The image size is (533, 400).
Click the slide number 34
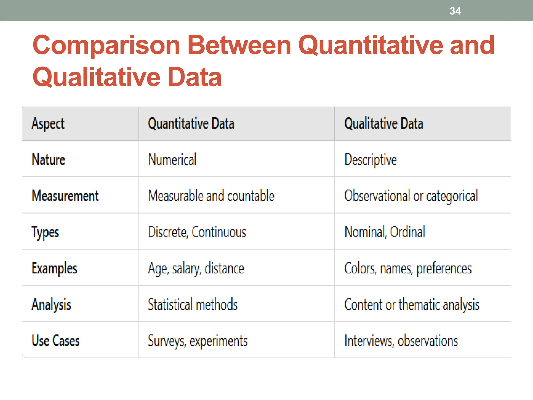[x=455, y=11]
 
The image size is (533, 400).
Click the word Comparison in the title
[x=106, y=45]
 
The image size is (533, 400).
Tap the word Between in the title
[x=239, y=45]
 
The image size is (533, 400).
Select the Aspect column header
[x=48, y=123]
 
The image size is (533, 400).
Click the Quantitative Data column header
[x=191, y=123]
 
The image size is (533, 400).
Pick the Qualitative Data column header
[x=384, y=123]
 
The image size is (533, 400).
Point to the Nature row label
[x=48, y=159]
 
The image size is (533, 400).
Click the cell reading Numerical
[x=172, y=159]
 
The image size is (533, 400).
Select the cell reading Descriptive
[x=370, y=160]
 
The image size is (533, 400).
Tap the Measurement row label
[x=65, y=196]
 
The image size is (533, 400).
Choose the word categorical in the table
[x=452, y=196]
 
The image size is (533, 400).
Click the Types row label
[x=45, y=232]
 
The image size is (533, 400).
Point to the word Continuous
[x=219, y=232]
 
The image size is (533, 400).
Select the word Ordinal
[x=408, y=232]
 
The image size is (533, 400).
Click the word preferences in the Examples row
[x=444, y=268]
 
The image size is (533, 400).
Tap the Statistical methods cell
[x=193, y=304]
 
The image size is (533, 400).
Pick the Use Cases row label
[x=55, y=341]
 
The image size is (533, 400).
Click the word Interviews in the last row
[x=369, y=341]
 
